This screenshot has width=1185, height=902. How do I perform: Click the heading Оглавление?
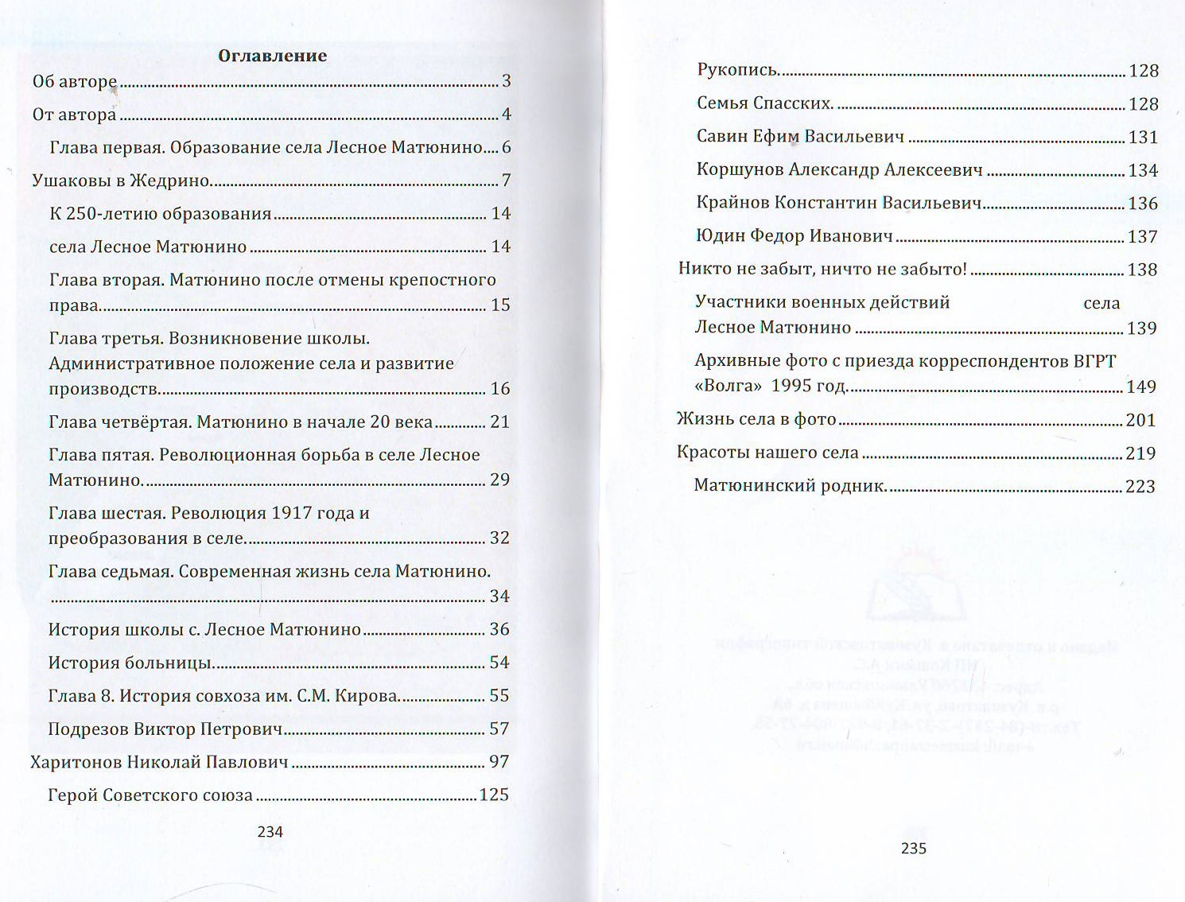click(272, 56)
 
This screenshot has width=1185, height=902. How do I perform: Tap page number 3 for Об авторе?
click(507, 81)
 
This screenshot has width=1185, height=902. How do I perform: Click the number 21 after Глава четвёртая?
click(499, 422)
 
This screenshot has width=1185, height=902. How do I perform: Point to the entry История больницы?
click(130, 663)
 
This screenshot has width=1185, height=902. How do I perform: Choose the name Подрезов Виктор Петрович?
click(165, 729)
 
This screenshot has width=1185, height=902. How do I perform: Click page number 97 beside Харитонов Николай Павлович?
click(499, 762)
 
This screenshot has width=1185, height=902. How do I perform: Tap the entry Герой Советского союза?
click(150, 795)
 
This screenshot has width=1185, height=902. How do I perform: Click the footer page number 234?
click(270, 832)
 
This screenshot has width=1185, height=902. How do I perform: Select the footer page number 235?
click(914, 849)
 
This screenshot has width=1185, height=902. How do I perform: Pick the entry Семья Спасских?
click(764, 103)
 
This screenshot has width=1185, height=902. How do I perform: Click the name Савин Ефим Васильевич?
click(800, 137)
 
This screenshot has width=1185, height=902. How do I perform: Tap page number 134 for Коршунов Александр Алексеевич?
click(1143, 170)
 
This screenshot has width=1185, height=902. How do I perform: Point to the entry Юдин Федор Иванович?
click(795, 236)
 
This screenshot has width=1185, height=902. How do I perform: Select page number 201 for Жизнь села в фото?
click(1140, 420)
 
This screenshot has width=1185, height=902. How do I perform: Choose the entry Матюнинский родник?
click(790, 486)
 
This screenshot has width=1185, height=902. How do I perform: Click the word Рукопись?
click(737, 70)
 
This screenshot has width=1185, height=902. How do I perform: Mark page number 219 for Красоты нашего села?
click(1140, 453)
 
